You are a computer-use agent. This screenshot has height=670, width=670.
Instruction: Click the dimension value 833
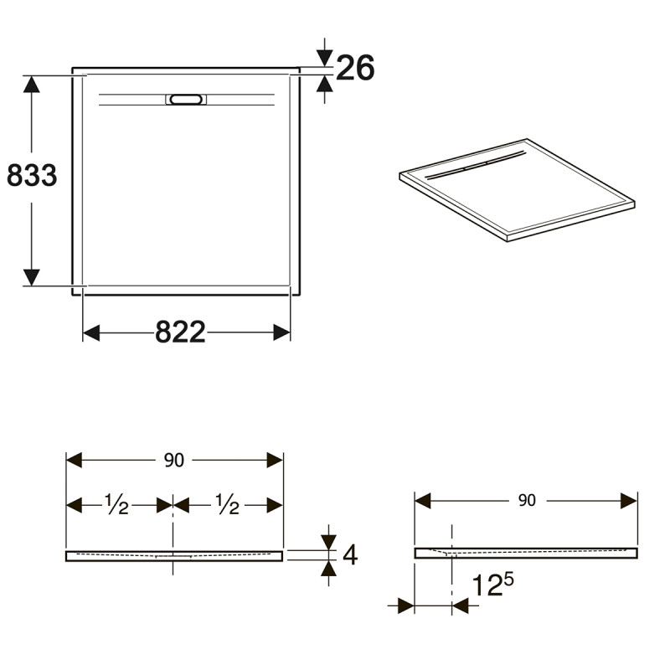pyautogui.click(x=32, y=175)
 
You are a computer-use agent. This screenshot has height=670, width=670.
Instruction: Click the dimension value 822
pyautogui.click(x=180, y=332)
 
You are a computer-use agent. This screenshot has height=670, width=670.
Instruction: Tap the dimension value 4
pyautogui.click(x=350, y=554)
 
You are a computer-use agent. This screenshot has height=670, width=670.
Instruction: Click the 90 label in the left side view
pyautogui.click(x=174, y=461)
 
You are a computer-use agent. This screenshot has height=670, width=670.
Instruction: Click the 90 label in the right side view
pyautogui.click(x=526, y=500)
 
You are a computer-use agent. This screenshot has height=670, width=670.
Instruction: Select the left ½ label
pyautogui.click(x=116, y=504)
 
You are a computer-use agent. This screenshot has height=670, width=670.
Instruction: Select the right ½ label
pyautogui.click(x=227, y=504)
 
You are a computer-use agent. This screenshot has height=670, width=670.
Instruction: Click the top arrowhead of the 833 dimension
pyautogui.click(x=32, y=85)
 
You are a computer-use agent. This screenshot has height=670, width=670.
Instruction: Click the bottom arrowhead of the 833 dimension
pyautogui.click(x=32, y=276)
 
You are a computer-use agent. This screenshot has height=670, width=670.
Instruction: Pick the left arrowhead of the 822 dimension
pyautogui.click(x=91, y=332)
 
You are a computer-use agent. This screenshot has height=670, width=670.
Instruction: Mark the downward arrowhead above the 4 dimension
pyautogui.click(x=328, y=540)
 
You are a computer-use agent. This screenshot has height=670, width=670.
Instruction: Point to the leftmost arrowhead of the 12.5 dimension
pyautogui.click(x=406, y=605)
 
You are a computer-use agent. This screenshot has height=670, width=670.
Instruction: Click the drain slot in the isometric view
pyautogui.click(x=473, y=166)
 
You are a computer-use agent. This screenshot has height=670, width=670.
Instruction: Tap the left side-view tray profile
pyautogui.click(x=174, y=555)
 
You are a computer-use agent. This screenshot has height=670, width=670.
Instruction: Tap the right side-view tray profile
pyautogui.click(x=526, y=552)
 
